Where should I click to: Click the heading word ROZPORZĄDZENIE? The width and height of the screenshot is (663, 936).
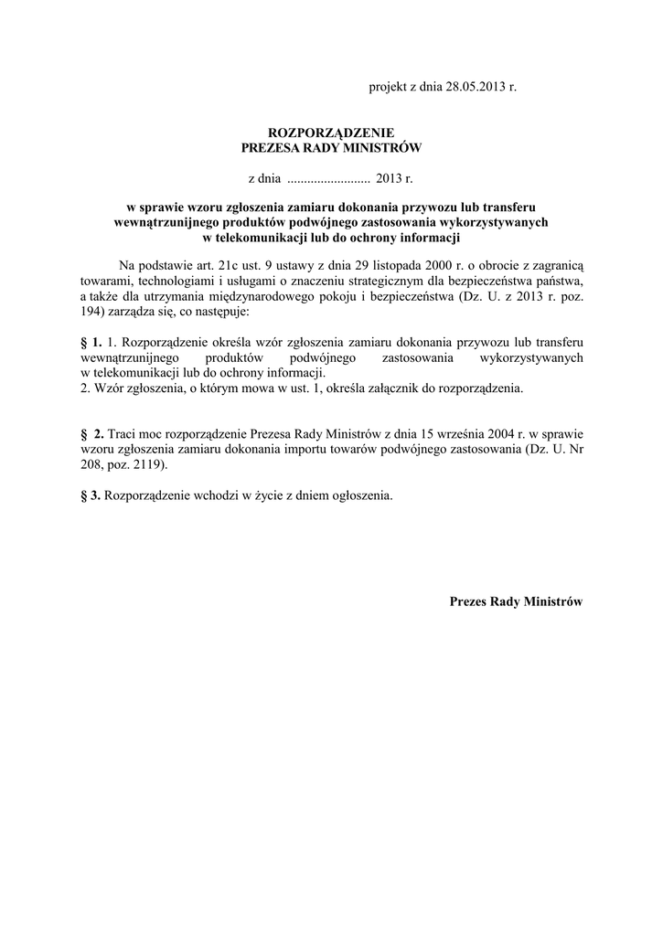point(331,133)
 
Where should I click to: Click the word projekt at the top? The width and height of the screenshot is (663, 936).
point(388,87)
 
